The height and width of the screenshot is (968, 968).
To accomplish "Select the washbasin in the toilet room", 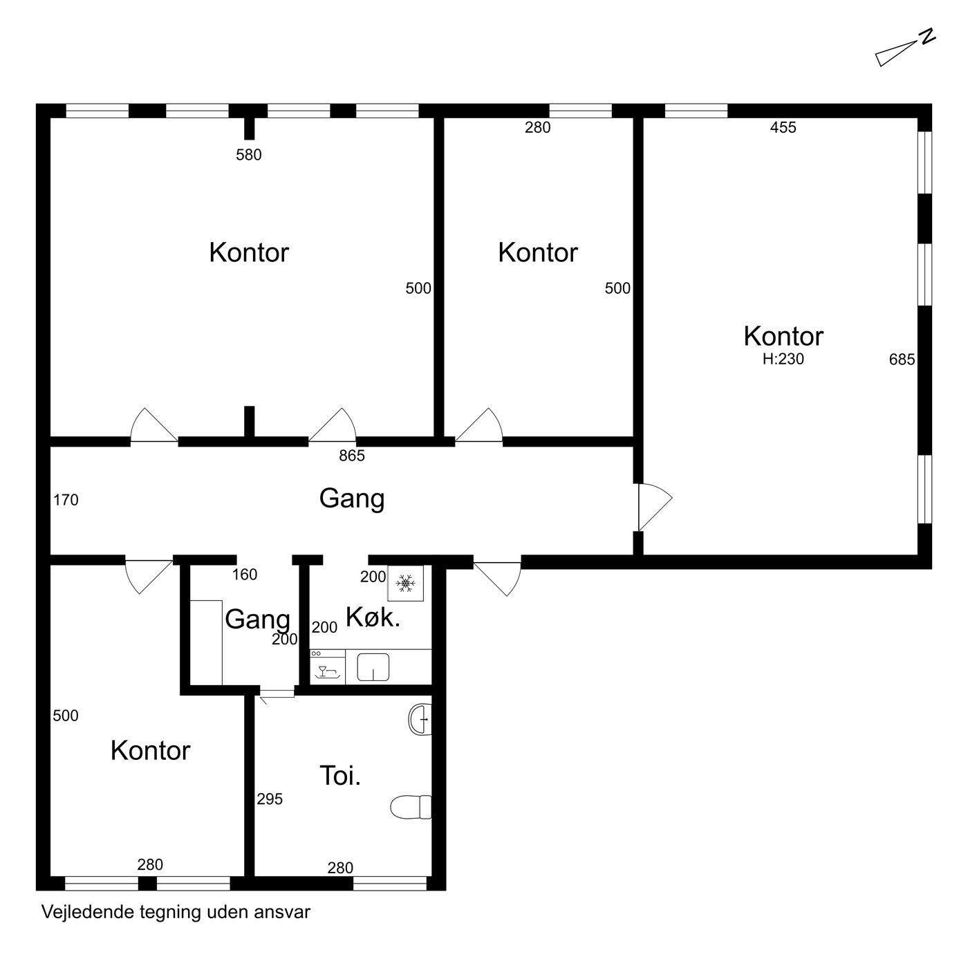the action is pyautogui.click(x=420, y=719).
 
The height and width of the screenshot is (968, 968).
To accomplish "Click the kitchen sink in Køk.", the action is pyautogui.click(x=373, y=667).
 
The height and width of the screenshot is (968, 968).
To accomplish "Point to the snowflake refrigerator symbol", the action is pyautogui.click(x=405, y=583).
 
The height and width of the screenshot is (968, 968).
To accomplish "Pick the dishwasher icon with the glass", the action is pyautogui.click(x=328, y=667).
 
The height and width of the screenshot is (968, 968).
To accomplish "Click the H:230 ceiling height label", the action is pyautogui.click(x=783, y=359).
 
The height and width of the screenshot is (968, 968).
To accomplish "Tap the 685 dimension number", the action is pyautogui.click(x=902, y=359).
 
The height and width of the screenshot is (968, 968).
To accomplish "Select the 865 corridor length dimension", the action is pyautogui.click(x=352, y=456).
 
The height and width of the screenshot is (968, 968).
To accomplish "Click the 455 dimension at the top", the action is pyautogui.click(x=783, y=128).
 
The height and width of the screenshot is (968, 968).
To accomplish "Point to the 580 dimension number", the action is pyautogui.click(x=249, y=155).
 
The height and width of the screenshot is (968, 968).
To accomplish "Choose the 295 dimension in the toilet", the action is pyautogui.click(x=270, y=799).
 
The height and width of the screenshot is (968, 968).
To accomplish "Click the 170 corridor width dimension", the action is pyautogui.click(x=66, y=500).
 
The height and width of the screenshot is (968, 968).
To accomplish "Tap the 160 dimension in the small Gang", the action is pyautogui.click(x=245, y=574).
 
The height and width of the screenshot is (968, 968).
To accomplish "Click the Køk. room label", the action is pyautogui.click(x=373, y=617).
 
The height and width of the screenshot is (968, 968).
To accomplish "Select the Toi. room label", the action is pyautogui.click(x=340, y=776).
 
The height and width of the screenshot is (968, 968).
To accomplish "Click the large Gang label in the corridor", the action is pyautogui.click(x=352, y=499).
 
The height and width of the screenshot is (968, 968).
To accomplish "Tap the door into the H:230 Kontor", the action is pyautogui.click(x=655, y=507).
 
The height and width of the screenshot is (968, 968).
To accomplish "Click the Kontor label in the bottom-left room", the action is pyautogui.click(x=150, y=750).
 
